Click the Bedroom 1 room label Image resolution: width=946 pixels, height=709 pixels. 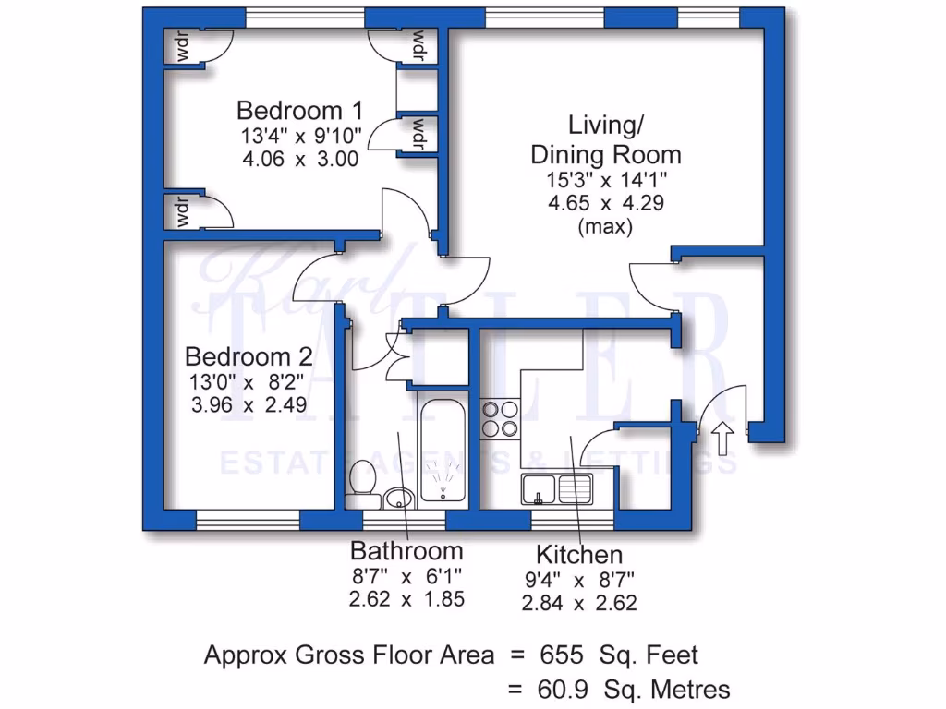(x=299, y=110)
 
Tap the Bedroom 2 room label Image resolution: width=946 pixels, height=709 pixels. (x=249, y=356)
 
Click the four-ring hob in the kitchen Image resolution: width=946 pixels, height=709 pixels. (x=500, y=418)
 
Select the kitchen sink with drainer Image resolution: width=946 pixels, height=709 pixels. (x=556, y=488)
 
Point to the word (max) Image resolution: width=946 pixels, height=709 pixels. (x=605, y=226)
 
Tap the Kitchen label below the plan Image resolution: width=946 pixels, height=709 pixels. (x=579, y=555)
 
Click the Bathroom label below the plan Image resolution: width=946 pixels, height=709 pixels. (x=406, y=551)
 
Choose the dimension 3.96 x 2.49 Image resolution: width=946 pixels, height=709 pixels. (x=249, y=404)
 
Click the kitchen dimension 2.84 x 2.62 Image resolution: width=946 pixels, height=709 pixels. (x=579, y=604)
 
